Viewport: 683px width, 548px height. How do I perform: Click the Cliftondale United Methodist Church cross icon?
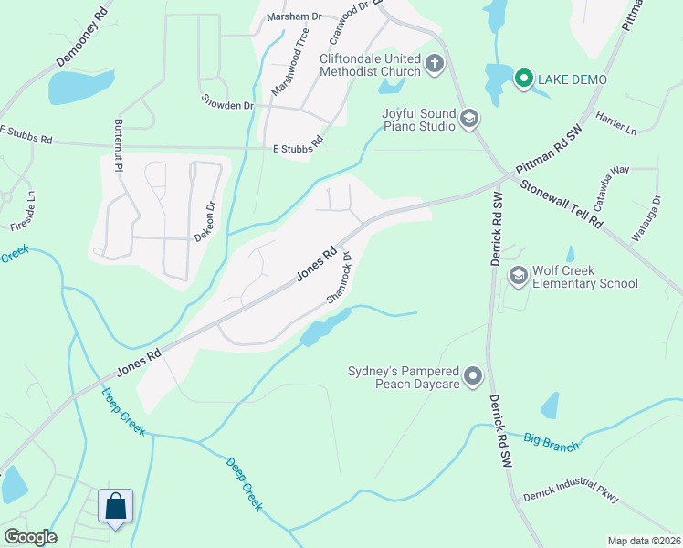(x=434, y=64)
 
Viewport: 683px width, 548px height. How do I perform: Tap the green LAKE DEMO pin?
(x=523, y=79)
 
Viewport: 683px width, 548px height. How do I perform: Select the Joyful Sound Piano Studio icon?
(x=469, y=118)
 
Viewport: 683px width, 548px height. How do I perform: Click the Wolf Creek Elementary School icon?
(x=518, y=275)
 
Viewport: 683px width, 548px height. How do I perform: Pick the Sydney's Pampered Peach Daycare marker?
(x=472, y=375)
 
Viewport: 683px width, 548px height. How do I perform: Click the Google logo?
(x=30, y=537)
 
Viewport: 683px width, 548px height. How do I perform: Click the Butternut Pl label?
(x=118, y=145)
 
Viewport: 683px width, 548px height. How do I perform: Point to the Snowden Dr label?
(x=227, y=105)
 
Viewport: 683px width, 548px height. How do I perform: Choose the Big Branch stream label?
(x=552, y=441)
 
